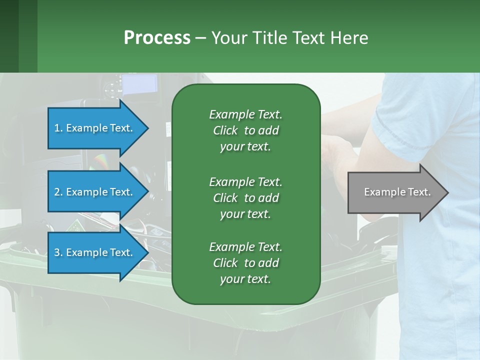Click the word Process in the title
pyautogui.click(x=157, y=38)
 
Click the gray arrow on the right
pyautogui.click(x=395, y=192)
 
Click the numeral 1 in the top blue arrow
pyautogui.click(x=56, y=128)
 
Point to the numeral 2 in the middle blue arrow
pyautogui.click(x=57, y=192)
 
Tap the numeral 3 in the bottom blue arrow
pyautogui.click(x=57, y=252)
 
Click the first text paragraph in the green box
pyautogui.click(x=245, y=130)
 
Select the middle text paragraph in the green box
pyautogui.click(x=245, y=197)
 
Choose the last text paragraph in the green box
pyautogui.click(x=245, y=263)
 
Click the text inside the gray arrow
pyautogui.click(x=397, y=192)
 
